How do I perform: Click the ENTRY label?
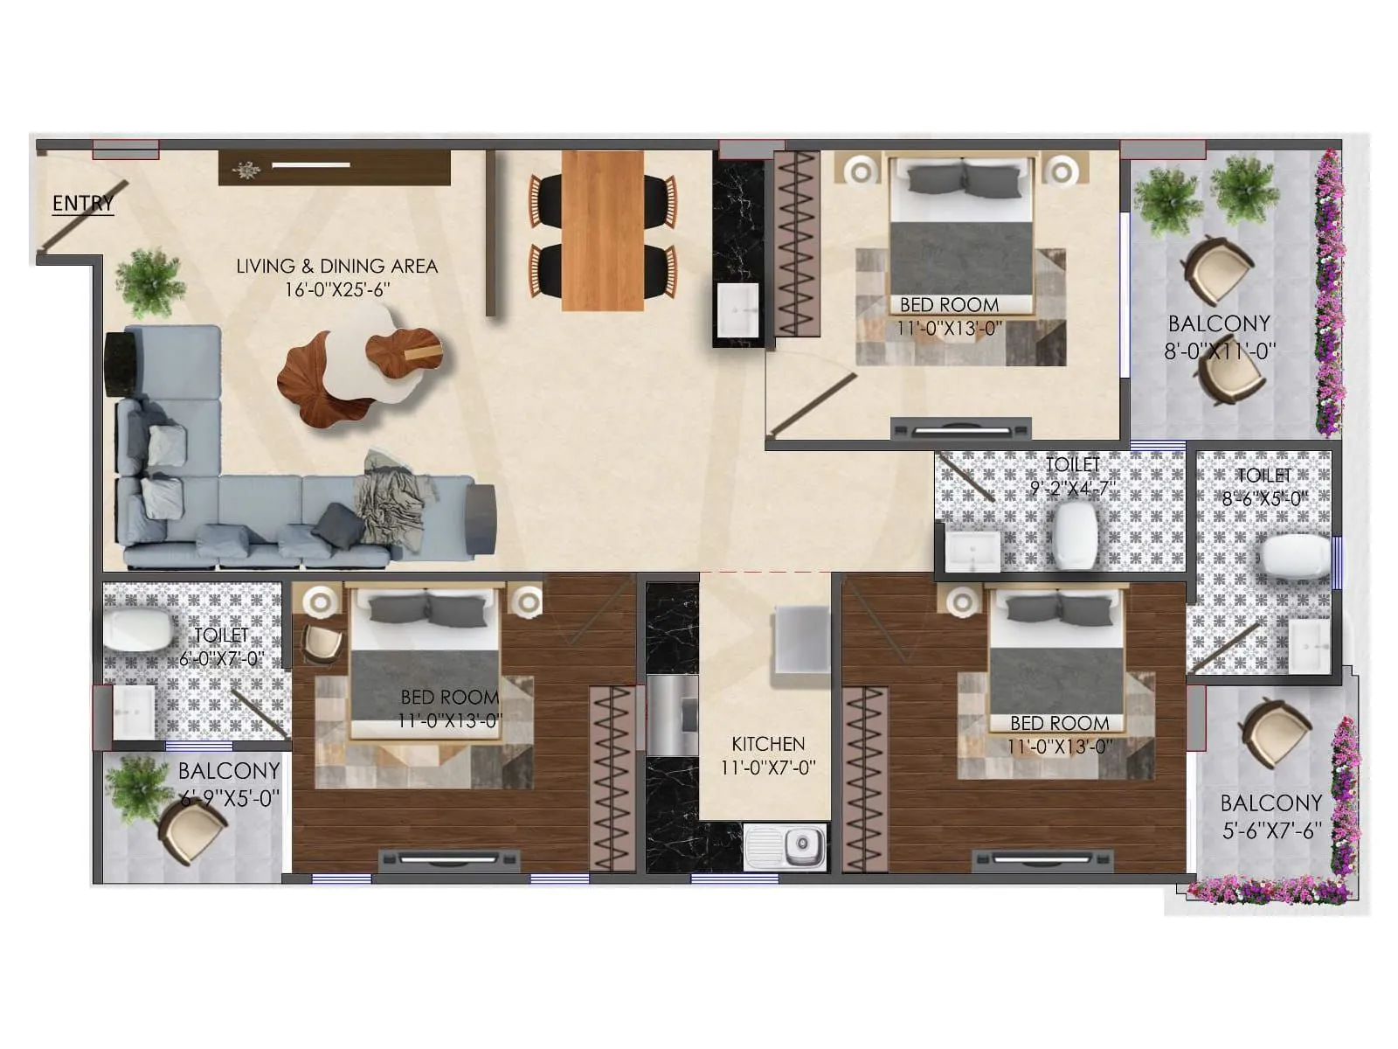82,204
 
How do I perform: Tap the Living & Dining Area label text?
336,266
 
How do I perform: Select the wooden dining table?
602,230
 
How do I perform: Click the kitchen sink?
786,845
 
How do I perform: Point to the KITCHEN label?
768,744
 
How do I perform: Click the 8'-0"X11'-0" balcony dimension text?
1219,351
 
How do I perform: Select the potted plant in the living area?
150,281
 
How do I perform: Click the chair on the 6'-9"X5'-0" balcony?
193,830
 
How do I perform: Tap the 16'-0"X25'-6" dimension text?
336,289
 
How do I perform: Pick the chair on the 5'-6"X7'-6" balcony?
1275,733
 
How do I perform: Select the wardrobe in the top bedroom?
797,244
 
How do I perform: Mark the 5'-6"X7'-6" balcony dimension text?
1271,830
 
